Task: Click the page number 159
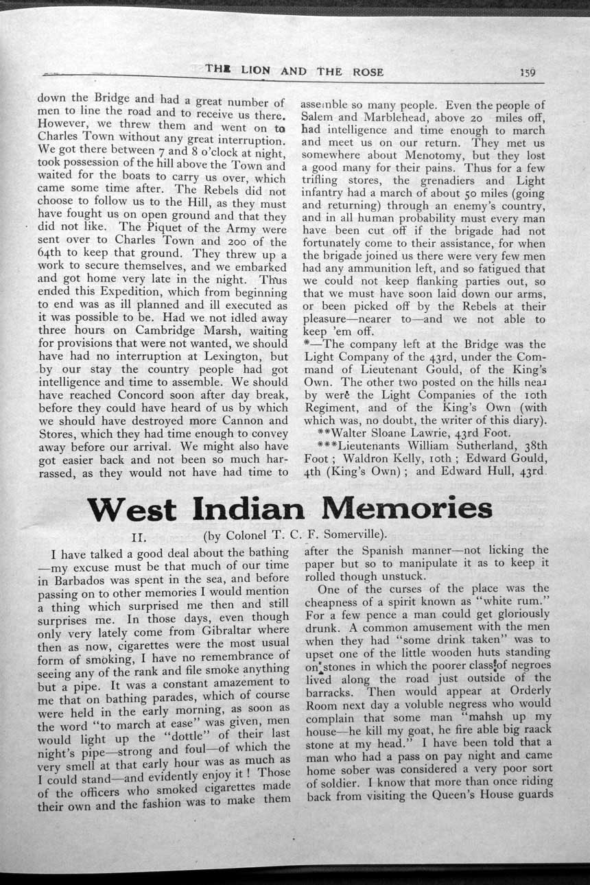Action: [527, 72]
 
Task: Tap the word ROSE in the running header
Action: [368, 71]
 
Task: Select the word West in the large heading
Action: [131, 509]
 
